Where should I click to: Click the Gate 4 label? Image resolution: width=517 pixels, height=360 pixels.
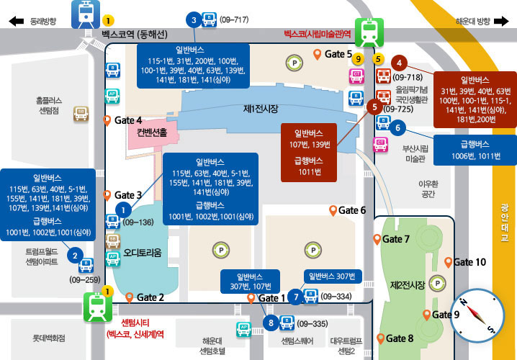pos(128,120)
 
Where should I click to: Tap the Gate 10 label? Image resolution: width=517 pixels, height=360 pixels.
pos(469,261)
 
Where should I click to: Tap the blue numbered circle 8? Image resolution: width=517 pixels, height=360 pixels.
pos(271,323)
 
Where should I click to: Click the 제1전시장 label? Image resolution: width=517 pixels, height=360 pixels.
pos(261,109)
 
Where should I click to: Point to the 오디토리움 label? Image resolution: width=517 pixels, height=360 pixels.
pos(143,252)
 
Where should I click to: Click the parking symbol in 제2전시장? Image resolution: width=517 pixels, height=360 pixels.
pos(435,282)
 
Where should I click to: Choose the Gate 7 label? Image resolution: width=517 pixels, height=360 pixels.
pos(396,239)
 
